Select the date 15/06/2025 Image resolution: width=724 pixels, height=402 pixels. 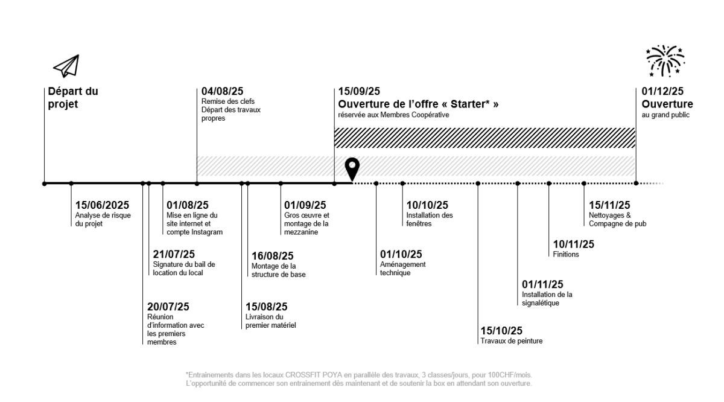(x=103, y=205)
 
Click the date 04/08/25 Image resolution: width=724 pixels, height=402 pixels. (x=223, y=92)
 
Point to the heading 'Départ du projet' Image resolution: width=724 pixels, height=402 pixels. (x=73, y=98)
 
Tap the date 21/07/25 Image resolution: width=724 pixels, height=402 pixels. (x=174, y=254)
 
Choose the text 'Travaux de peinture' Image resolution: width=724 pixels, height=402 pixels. (x=511, y=341)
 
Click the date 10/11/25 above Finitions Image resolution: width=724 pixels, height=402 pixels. (x=573, y=244)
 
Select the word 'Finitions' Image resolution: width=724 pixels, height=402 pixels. (x=565, y=255)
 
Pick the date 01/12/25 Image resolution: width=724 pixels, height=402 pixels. (x=662, y=92)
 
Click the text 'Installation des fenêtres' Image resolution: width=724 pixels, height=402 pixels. (x=430, y=220)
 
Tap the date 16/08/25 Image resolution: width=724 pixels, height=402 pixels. (x=273, y=256)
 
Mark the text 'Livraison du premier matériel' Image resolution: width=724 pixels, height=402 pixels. (x=270, y=321)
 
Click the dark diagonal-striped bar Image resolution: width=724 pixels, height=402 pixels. (x=484, y=138)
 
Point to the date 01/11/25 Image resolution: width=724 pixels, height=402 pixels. (x=542, y=284)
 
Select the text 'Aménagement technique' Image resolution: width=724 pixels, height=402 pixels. (x=402, y=269)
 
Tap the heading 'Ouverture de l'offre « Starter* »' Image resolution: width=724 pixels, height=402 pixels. (x=418, y=104)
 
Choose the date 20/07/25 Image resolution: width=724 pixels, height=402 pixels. (x=168, y=306)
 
